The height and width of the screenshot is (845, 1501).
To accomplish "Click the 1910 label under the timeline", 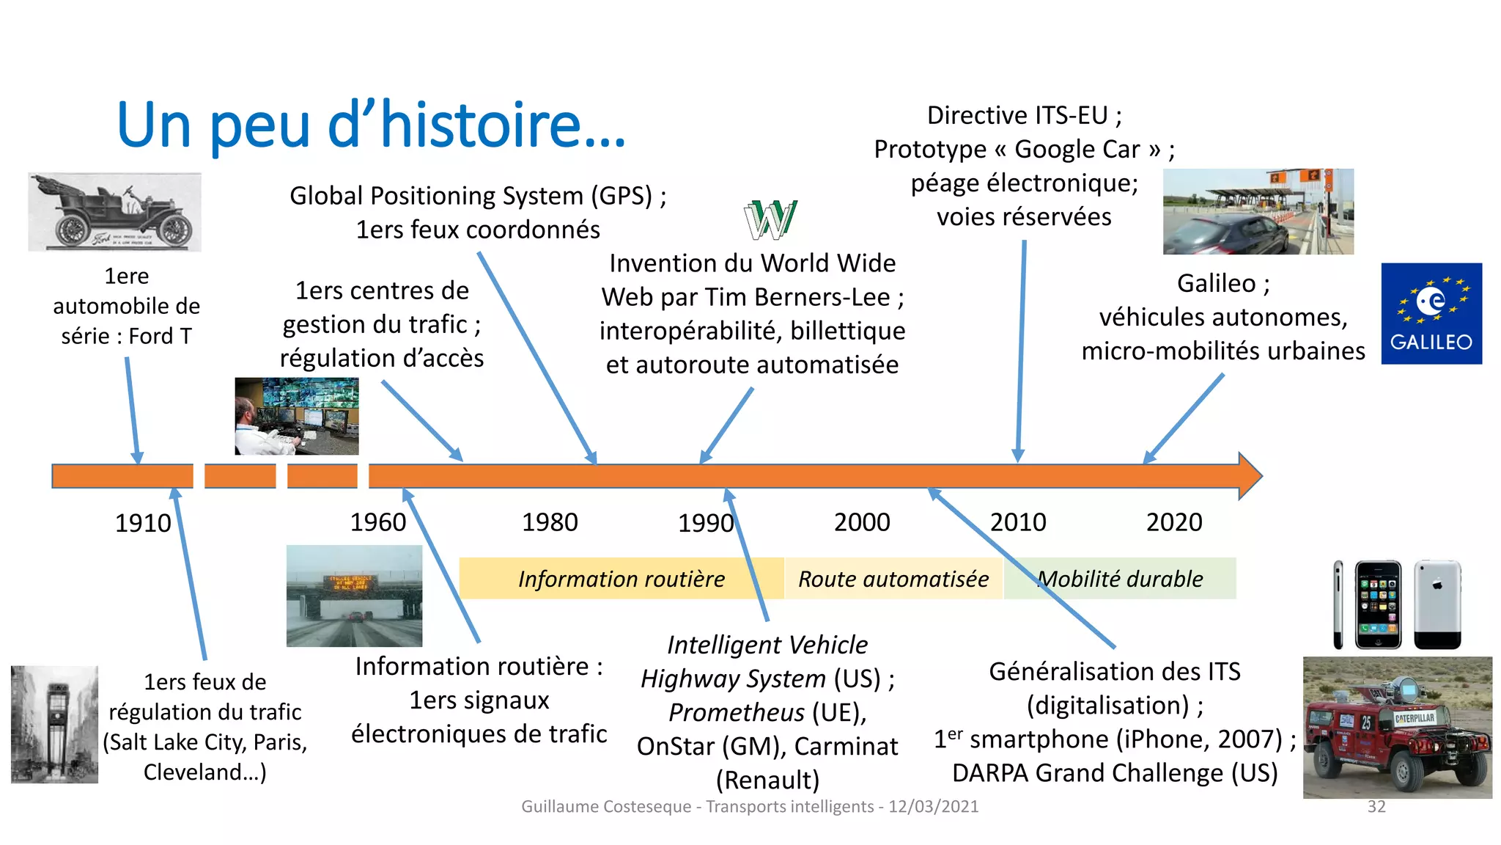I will click(143, 523).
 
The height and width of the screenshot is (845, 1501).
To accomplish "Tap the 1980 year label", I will click(550, 522).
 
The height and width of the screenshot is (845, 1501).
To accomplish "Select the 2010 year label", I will click(1018, 522).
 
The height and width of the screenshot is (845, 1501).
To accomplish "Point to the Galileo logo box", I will click(1431, 314).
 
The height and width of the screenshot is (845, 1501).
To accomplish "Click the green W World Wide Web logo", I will click(770, 220).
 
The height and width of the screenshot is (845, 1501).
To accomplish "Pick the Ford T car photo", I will click(114, 213).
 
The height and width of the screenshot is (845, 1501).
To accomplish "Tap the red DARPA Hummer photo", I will click(1397, 728).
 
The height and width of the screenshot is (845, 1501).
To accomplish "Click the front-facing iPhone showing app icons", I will click(1378, 604).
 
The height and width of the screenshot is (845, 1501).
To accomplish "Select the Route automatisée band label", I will click(893, 579).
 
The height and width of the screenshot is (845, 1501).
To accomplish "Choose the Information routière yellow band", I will click(621, 579).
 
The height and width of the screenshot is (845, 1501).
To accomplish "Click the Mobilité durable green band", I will click(1120, 579).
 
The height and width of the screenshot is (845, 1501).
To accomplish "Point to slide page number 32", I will click(1376, 807).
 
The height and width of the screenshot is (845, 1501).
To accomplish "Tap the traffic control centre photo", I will click(297, 416).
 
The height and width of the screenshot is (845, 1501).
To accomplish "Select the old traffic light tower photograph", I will click(55, 725).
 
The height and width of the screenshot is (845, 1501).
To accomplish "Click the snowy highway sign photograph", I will click(354, 596).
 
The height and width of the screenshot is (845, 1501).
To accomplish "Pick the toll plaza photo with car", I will click(1258, 212).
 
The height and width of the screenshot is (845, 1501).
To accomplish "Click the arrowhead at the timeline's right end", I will click(1249, 476).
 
